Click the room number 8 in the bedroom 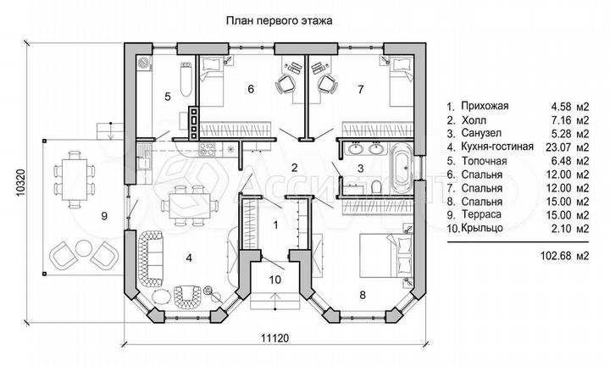point(363,295)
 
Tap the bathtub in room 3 point(401,165)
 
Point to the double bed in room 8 point(380,252)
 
